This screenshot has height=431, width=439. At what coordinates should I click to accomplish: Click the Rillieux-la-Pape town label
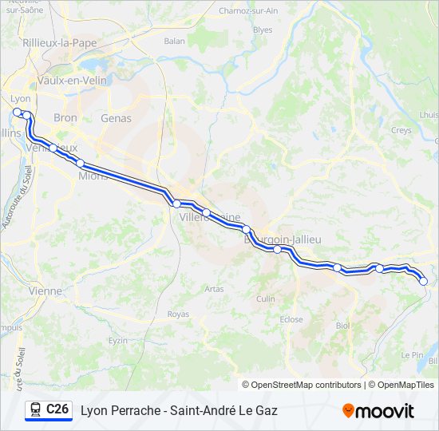60,42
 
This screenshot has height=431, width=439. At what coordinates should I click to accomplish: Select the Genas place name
116,118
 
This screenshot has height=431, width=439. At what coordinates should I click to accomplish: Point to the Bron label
65,118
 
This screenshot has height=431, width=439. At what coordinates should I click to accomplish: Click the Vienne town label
45,291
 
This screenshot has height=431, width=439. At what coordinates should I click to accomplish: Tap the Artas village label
214,289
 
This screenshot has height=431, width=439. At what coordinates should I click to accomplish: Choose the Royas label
179,314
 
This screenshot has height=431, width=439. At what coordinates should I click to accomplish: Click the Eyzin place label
118,340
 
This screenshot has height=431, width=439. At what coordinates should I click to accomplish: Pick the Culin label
266,299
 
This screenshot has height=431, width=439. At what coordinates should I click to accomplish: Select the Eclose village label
291,320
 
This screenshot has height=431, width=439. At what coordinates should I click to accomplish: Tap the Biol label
342,326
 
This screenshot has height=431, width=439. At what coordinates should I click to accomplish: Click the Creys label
401,130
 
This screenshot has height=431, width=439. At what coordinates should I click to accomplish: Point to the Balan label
174,41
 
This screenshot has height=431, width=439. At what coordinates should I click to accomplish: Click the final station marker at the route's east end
423,281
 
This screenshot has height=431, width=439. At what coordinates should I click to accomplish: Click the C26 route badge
48,410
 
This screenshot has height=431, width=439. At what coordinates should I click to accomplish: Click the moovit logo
378,411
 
